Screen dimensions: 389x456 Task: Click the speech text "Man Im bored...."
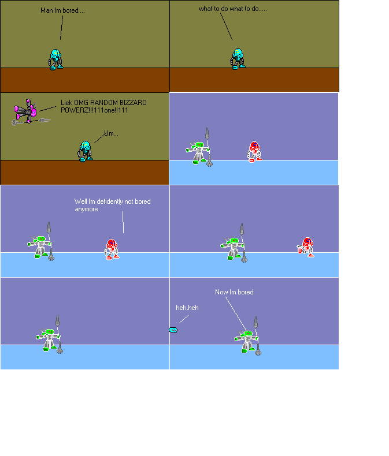[62, 10]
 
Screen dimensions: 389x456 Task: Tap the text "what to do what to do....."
[232, 9]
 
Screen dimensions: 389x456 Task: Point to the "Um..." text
[111, 133]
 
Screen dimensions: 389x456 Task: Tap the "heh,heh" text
[187, 308]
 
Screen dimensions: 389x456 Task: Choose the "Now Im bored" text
[234, 292]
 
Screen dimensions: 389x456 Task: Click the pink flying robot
[25, 111]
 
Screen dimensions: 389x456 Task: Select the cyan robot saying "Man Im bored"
[55, 59]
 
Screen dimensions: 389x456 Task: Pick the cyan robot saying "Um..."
[85, 151]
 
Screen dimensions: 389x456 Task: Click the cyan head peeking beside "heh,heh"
[173, 330]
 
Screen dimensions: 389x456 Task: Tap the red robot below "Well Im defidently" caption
[112, 249]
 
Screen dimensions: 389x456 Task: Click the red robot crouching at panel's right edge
[305, 247]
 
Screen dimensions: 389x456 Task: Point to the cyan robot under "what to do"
[238, 59]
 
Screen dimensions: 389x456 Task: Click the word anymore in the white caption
[86, 209]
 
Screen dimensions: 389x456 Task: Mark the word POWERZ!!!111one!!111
[94, 110]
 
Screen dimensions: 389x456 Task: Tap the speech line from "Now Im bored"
[236, 313]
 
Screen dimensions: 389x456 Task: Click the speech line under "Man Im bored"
[61, 28]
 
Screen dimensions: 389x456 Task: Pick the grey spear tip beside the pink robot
[45, 120]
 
